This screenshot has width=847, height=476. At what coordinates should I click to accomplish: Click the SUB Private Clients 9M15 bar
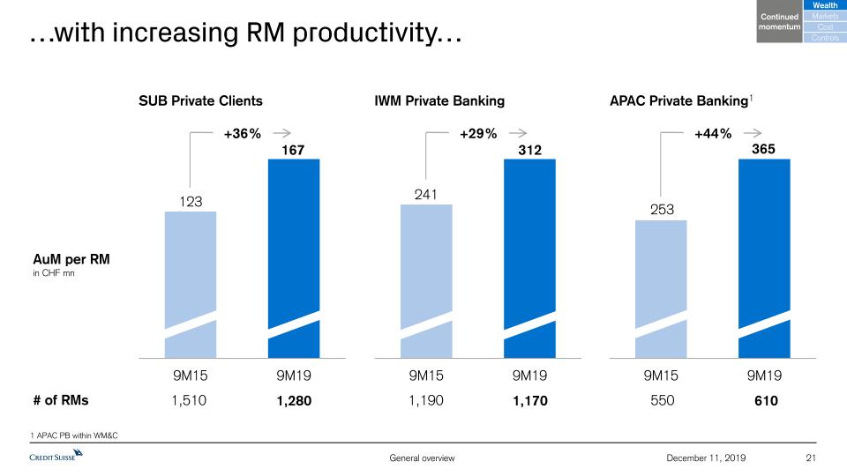[191, 282]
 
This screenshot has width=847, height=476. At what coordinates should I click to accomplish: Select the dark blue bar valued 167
[293, 256]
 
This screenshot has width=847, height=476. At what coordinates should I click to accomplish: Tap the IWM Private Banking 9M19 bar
[529, 256]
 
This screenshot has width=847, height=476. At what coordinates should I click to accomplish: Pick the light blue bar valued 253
[662, 286]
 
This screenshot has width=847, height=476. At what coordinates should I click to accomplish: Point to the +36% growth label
[242, 134]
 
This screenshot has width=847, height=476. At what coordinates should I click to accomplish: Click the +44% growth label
[713, 134]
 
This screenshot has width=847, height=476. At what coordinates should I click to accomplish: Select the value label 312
[529, 151]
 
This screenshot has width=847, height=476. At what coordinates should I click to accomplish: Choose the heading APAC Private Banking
[678, 100]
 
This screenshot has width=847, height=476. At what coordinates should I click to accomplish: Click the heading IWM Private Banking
[439, 100]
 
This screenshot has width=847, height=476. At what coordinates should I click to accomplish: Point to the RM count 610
[764, 400]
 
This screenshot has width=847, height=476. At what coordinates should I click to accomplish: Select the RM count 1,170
[529, 400]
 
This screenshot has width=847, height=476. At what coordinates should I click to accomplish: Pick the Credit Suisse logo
[56, 456]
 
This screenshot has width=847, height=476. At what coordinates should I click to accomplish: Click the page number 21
[813, 457]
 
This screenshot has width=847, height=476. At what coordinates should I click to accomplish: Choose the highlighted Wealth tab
[824, 6]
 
